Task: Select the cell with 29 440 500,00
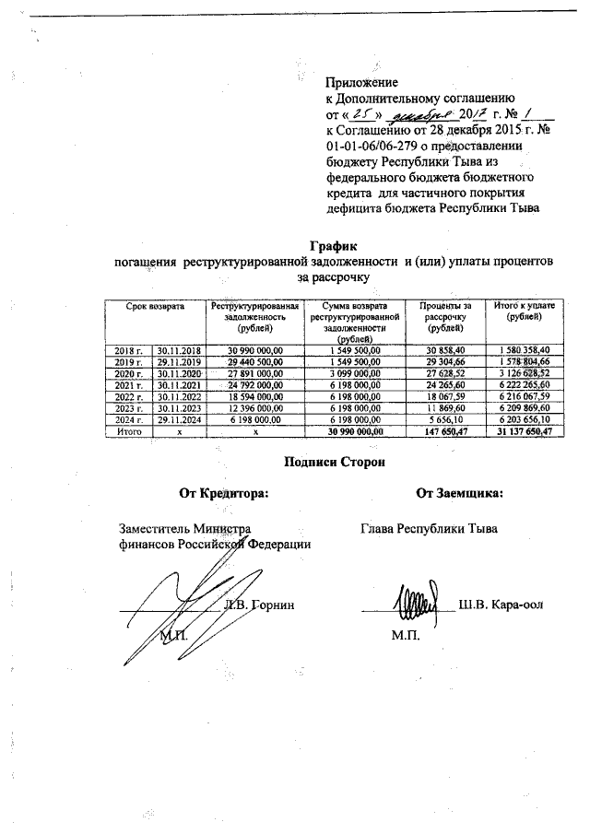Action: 254,361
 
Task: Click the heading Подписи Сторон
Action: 333,461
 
